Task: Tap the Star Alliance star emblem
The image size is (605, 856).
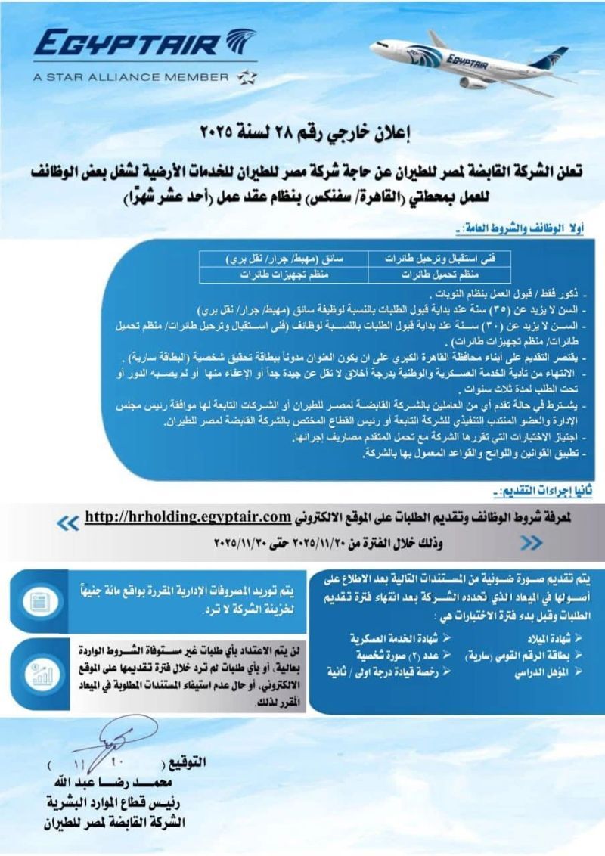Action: tap(247, 76)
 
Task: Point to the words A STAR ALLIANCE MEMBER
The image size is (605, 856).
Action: tap(131, 76)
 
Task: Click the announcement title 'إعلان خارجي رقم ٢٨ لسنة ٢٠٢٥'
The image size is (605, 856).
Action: tap(302, 135)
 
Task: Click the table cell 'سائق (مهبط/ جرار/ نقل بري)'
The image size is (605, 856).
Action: tap(283, 259)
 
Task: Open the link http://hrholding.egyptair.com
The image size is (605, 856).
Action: tap(188, 517)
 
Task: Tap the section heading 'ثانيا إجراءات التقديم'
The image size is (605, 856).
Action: tap(551, 492)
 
